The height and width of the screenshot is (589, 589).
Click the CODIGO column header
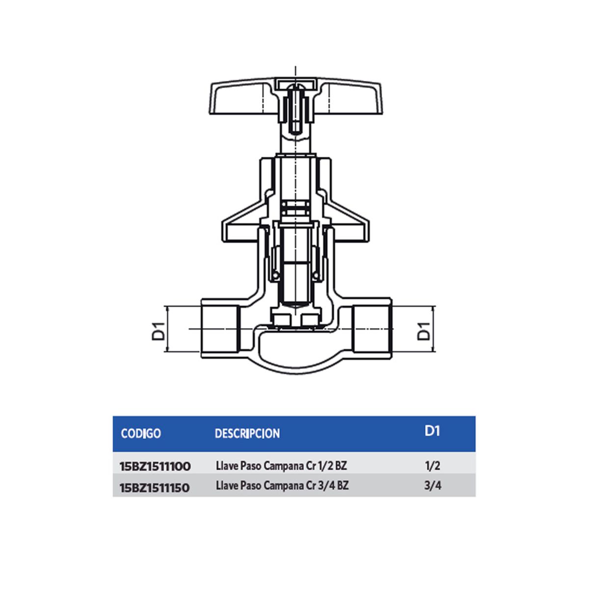(141, 433)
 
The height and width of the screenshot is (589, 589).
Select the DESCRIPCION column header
(247, 433)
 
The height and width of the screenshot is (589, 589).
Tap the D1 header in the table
(432, 431)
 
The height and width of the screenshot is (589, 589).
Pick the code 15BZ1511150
(155, 487)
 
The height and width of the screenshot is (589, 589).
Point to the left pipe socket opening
(220, 329)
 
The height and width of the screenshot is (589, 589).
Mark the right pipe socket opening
(372, 329)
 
